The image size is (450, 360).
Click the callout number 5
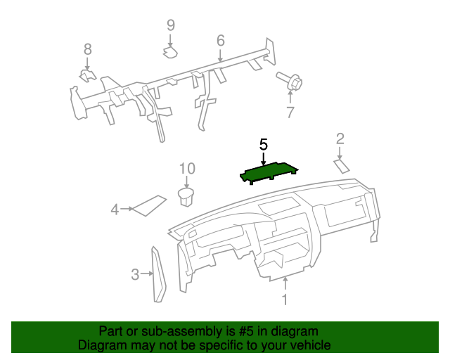point(264,145)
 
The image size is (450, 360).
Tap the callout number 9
point(170,25)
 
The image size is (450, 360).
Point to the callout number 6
point(220,40)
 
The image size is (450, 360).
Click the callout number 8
point(88,49)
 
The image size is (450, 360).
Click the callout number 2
point(340,139)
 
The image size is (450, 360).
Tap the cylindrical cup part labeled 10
point(186,196)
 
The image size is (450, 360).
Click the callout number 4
point(115,209)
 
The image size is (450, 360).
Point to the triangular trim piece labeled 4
point(148,205)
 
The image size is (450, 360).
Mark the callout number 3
point(135,274)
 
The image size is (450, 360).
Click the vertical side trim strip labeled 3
point(158,274)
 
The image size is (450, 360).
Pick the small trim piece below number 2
point(341,166)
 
